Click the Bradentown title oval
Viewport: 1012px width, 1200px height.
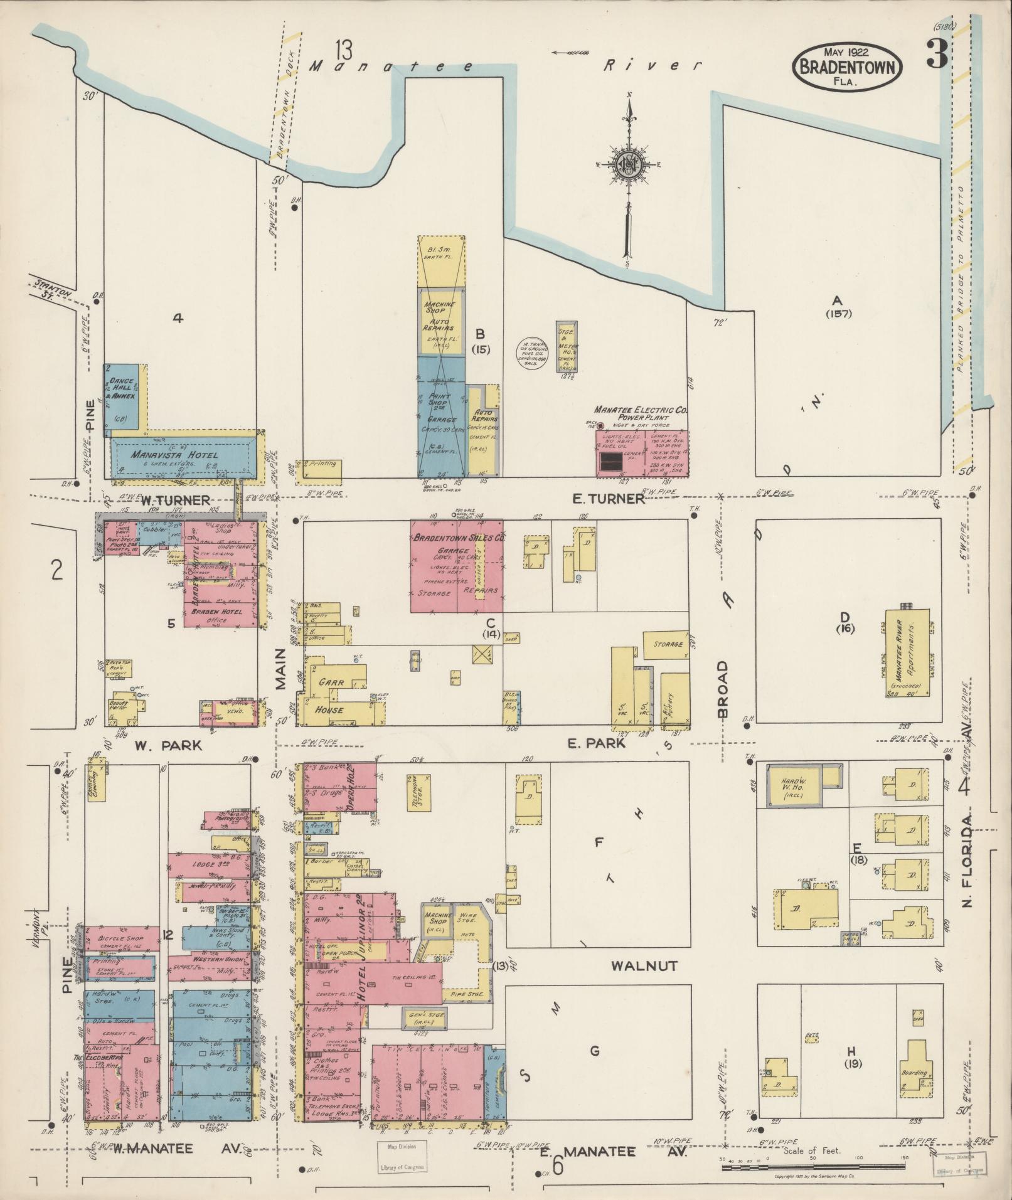pyautogui.click(x=847, y=68)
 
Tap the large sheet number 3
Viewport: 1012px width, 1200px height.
pyautogui.click(x=936, y=55)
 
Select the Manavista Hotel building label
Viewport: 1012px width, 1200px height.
pyautogui.click(x=175, y=454)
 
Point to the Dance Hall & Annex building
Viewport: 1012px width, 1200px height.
pyautogui.click(x=122, y=396)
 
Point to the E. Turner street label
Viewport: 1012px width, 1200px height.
pyautogui.click(x=608, y=499)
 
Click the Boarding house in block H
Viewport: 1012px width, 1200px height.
pyautogui.click(x=914, y=1073)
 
